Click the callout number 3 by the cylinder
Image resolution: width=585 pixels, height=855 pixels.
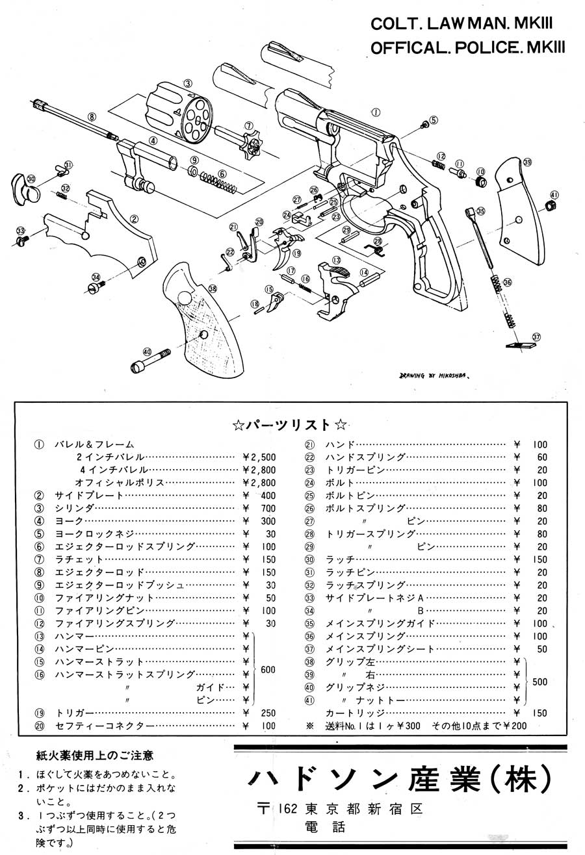pyautogui.click(x=187, y=83)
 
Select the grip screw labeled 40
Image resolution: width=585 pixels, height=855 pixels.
pyautogui.click(x=151, y=359)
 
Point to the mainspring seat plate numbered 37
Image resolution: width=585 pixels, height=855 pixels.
pyautogui.click(x=521, y=345)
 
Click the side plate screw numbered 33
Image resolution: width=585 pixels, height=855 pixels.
pyautogui.click(x=23, y=240)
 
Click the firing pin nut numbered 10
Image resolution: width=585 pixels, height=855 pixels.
pyautogui.click(x=481, y=181)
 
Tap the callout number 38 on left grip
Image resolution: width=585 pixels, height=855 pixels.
pyautogui.click(x=213, y=289)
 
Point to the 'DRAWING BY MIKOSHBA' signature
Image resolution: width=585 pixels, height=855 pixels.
pyautogui.click(x=434, y=376)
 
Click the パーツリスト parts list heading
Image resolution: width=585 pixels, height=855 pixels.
pyautogui.click(x=289, y=424)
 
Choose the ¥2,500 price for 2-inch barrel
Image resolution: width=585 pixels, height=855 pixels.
pyautogui.click(x=259, y=457)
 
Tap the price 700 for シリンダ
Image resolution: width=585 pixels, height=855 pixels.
pyautogui.click(x=268, y=508)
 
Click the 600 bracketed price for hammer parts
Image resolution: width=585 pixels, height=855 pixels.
pyautogui.click(x=268, y=669)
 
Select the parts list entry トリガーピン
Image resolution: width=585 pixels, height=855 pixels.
pyautogui.click(x=355, y=470)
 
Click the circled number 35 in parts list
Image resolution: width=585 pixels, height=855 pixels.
pyautogui.click(x=309, y=624)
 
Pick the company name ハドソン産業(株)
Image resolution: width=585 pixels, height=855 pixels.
pyautogui.click(x=399, y=776)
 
